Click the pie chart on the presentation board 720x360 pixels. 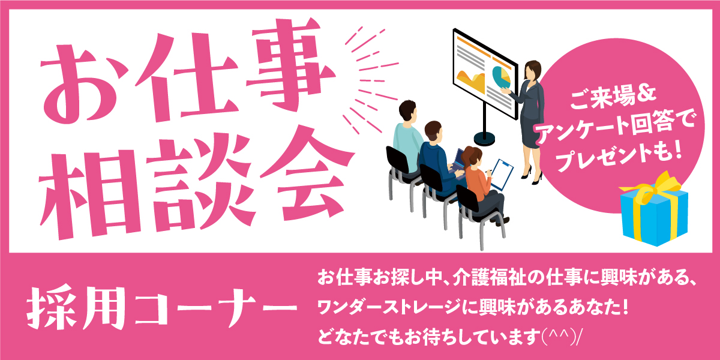(x=502, y=77)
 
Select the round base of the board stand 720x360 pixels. (x=484, y=138)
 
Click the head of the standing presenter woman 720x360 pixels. (x=533, y=70)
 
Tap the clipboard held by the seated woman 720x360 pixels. (x=502, y=175)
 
